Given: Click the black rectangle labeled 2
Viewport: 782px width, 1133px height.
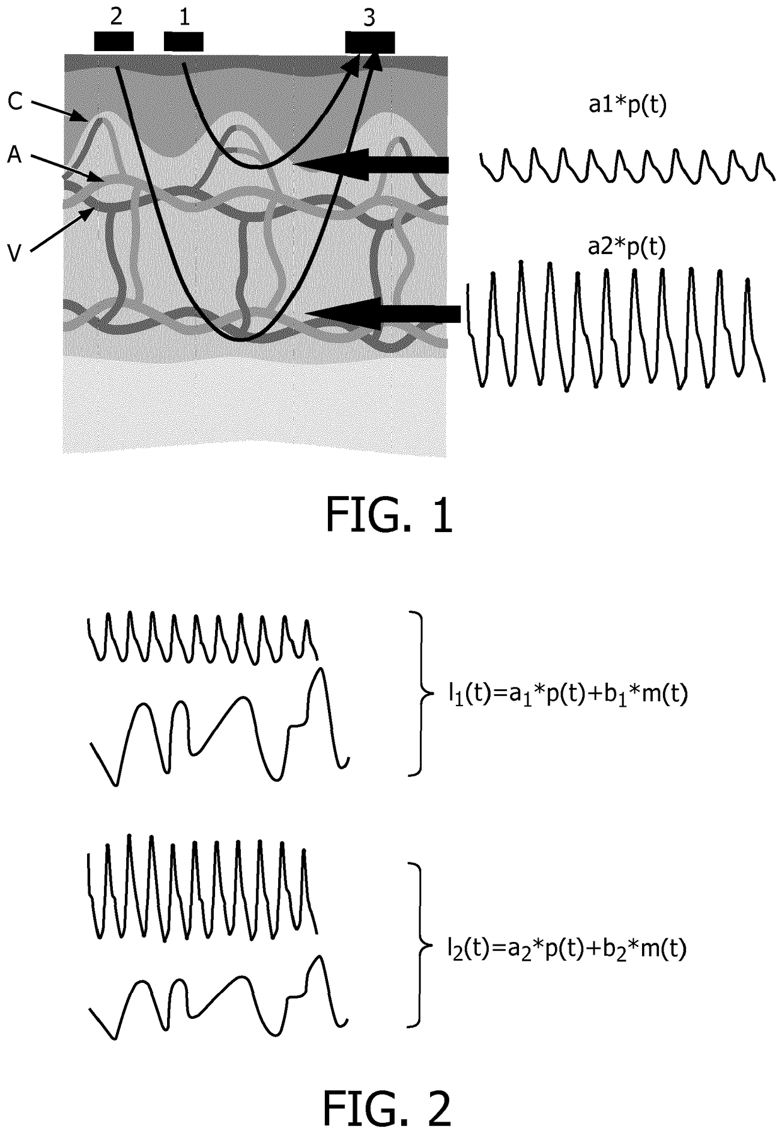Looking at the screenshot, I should click(114, 41).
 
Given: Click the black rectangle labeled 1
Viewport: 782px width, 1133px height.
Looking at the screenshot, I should click(184, 42).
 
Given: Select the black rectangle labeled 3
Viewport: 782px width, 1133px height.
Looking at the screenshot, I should click(370, 42).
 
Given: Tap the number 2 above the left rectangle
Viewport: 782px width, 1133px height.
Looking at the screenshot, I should click(116, 16).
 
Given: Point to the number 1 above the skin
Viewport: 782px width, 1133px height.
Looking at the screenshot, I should click(184, 17).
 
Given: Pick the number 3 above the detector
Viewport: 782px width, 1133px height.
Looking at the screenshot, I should click(369, 18).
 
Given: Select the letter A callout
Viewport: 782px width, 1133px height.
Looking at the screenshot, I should click(15, 154).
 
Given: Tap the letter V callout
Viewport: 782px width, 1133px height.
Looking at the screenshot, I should click(15, 252).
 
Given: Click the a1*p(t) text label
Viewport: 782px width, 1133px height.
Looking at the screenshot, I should click(627, 106).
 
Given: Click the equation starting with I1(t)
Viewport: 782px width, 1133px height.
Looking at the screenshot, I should click(564, 694).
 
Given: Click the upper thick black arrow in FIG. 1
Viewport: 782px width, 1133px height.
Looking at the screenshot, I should click(372, 165).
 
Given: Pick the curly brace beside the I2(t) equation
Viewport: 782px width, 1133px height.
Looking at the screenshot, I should click(417, 945).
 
